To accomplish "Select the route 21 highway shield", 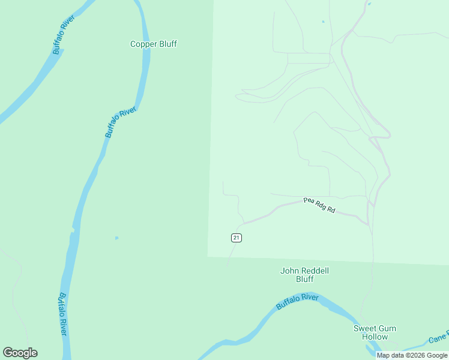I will pos(237,238).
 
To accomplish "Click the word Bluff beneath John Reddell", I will pos(304,280).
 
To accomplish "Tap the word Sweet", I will pos(365,329).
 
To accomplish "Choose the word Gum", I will pos(387,329).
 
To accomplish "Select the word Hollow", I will pos(375,337).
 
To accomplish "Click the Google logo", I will pos(20,353).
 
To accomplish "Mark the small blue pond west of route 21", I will pos(116,238).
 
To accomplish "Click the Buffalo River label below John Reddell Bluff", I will pos(297,302).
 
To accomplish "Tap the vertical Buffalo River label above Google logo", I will pos(62,314).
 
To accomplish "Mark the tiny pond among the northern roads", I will pos(323,22).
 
